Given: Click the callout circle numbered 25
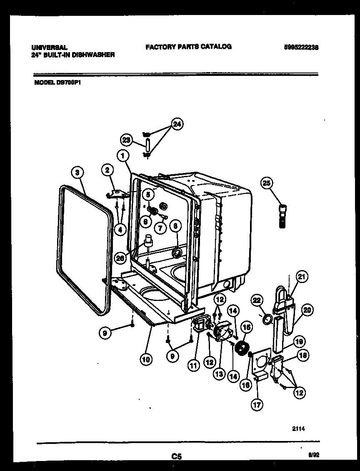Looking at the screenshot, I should pyautogui.click(x=266, y=182).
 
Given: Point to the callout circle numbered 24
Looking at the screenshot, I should pyautogui.click(x=177, y=124).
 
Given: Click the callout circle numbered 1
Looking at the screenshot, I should pyautogui.click(x=122, y=156).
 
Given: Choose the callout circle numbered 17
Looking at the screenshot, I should pyautogui.click(x=257, y=403).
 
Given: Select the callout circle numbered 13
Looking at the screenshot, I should pyautogui.click(x=219, y=374).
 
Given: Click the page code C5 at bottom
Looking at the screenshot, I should pyautogui.click(x=177, y=457).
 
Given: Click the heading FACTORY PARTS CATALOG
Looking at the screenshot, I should pyautogui.click(x=188, y=47).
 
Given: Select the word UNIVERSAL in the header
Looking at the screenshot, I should pyautogui.click(x=49, y=48).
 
